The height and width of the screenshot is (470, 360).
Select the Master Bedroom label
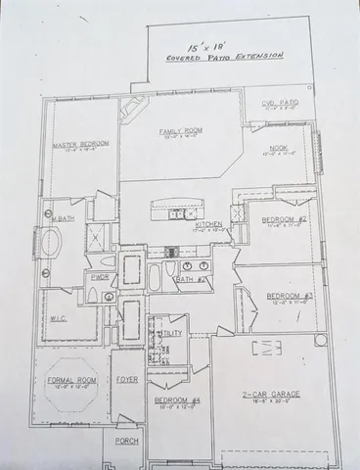coord(79,144)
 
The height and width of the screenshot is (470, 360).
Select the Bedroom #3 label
coord(290,296)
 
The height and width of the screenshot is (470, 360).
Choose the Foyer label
coord(126,378)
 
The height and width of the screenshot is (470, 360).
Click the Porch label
coord(127,441)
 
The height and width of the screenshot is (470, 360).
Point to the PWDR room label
coord(100,277)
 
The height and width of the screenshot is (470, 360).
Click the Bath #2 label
coord(190,279)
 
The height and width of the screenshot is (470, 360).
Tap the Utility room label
coord(171,334)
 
